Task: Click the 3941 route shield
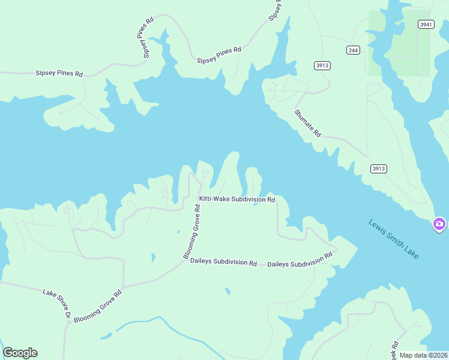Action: [425, 25]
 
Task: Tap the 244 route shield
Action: [353, 50]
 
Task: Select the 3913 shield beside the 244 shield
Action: [322, 65]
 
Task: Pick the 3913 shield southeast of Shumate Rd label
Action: [378, 169]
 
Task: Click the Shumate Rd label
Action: [308, 123]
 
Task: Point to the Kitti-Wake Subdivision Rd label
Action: [237, 199]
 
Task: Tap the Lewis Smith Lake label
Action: [393, 239]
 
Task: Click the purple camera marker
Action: [439, 224]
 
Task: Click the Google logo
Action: [20, 353]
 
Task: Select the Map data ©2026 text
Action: [423, 355]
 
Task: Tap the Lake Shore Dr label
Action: [57, 303]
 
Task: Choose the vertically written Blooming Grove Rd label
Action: [191, 232]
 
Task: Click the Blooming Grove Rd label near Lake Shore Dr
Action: [98, 307]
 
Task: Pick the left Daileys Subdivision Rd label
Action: [223, 262]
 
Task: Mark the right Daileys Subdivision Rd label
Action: [300, 260]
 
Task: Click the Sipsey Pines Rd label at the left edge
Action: [59, 73]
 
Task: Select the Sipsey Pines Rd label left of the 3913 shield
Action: [218, 55]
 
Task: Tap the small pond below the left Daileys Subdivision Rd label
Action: [228, 292]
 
